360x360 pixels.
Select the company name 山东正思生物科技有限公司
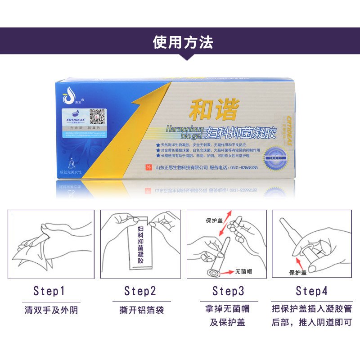coord(181,167)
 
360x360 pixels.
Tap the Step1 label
coord(49,291)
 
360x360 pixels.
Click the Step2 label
coord(140,291)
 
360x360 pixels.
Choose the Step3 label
coord(228,291)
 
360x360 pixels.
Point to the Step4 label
coord(311,291)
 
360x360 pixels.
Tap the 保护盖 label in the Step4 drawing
coord(298,273)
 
